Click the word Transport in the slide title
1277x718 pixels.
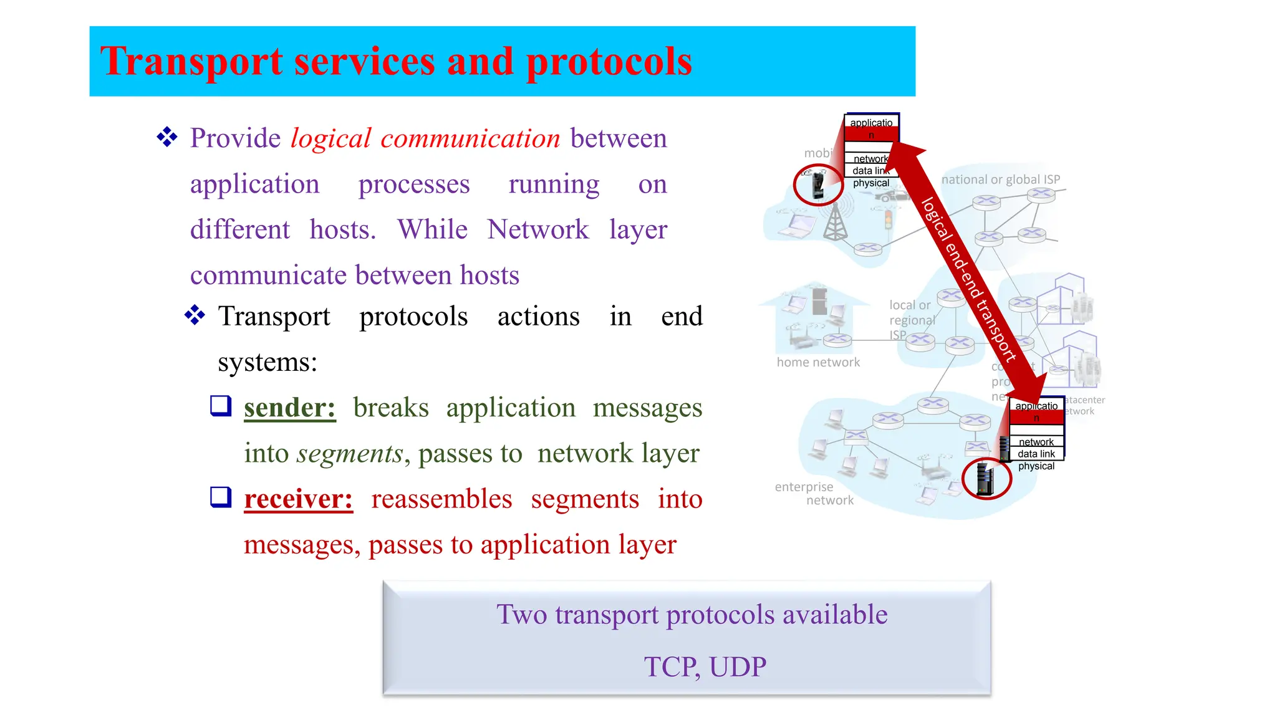pyautogui.click(x=191, y=62)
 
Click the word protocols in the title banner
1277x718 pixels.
pyautogui.click(x=609, y=62)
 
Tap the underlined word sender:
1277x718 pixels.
pyautogui.click(x=289, y=408)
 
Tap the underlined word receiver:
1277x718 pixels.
pyautogui.click(x=298, y=499)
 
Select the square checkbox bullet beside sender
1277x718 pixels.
pyautogui.click(x=221, y=406)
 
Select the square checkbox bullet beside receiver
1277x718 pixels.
pyautogui.click(x=221, y=497)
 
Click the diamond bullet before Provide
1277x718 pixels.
pyautogui.click(x=167, y=137)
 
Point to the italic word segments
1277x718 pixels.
pyautogui.click(x=350, y=453)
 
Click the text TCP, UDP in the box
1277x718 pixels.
pyautogui.click(x=705, y=666)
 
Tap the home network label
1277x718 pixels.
pyautogui.click(x=817, y=362)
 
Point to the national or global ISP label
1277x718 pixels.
pyautogui.click(x=1000, y=179)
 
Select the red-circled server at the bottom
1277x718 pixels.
pyautogui.click(x=985, y=479)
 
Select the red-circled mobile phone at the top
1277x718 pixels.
pyautogui.click(x=818, y=185)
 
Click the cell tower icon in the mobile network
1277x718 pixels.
pyautogui.click(x=836, y=223)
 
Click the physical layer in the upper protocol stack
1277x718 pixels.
pyautogui.click(x=870, y=183)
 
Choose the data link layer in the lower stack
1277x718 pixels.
pyautogui.click(x=1036, y=454)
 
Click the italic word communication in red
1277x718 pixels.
pyautogui.click(x=470, y=138)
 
